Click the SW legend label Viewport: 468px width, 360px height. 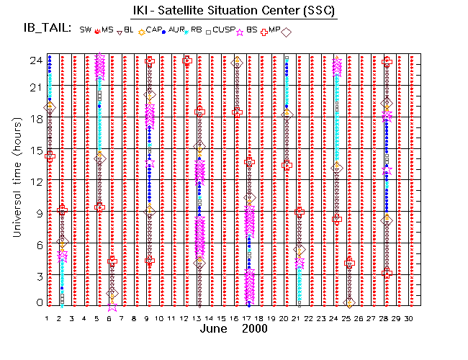click(x=86, y=30)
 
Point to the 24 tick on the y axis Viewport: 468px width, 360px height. click(x=33, y=60)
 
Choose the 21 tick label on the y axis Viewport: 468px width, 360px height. click(x=33, y=87)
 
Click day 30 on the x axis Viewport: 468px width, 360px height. click(x=409, y=318)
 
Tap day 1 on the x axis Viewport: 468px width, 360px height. click(x=48, y=318)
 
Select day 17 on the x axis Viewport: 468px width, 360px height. click(x=247, y=318)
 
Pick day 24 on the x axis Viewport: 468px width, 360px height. click(x=334, y=318)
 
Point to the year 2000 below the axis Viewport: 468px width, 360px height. click(x=255, y=329)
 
